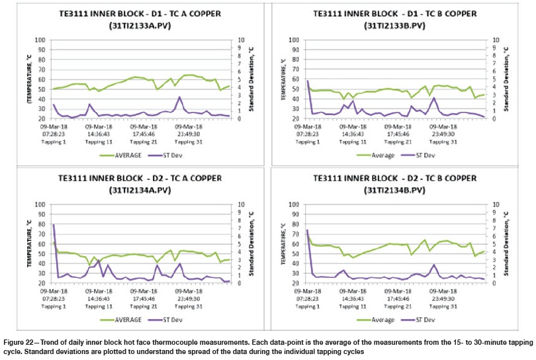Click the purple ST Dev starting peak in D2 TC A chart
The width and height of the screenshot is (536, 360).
tap(54, 225)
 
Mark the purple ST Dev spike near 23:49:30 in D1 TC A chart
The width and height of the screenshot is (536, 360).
tap(179, 97)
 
